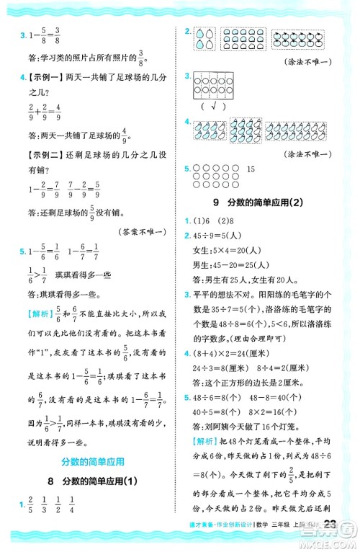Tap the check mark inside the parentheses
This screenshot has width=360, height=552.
pos(214,105)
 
